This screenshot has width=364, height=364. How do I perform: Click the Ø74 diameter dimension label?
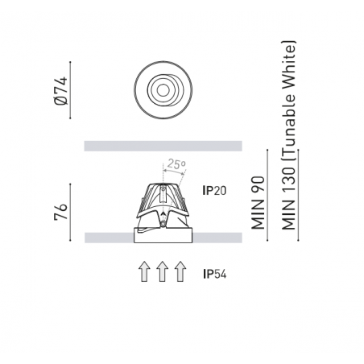click(60, 91)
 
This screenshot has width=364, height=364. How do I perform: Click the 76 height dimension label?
click(60, 212)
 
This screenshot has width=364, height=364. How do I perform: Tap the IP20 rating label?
click(214, 191)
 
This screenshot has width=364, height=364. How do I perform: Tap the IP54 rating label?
click(214, 275)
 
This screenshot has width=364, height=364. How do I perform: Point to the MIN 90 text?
click(258, 203)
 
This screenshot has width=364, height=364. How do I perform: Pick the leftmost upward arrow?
click(144, 271)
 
